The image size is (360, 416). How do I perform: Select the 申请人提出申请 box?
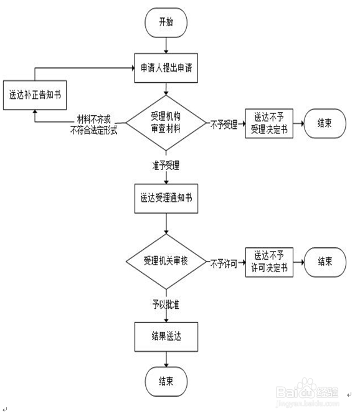(x=166, y=67)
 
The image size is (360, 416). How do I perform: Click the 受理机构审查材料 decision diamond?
(x=166, y=123)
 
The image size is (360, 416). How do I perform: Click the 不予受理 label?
(x=224, y=124)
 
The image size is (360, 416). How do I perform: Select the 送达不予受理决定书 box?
(x=268, y=123)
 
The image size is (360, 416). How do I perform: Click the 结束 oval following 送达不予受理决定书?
(x=324, y=123)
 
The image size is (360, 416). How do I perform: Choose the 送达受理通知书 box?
(x=166, y=198)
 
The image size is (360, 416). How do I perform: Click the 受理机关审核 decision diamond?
(x=166, y=261)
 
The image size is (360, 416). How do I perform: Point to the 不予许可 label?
(x=224, y=262)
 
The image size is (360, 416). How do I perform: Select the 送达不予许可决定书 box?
(x=268, y=261)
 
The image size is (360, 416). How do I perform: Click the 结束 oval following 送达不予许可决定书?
(x=324, y=261)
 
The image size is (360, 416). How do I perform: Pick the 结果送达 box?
(x=166, y=337)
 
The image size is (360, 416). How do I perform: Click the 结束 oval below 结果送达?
(x=166, y=381)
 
